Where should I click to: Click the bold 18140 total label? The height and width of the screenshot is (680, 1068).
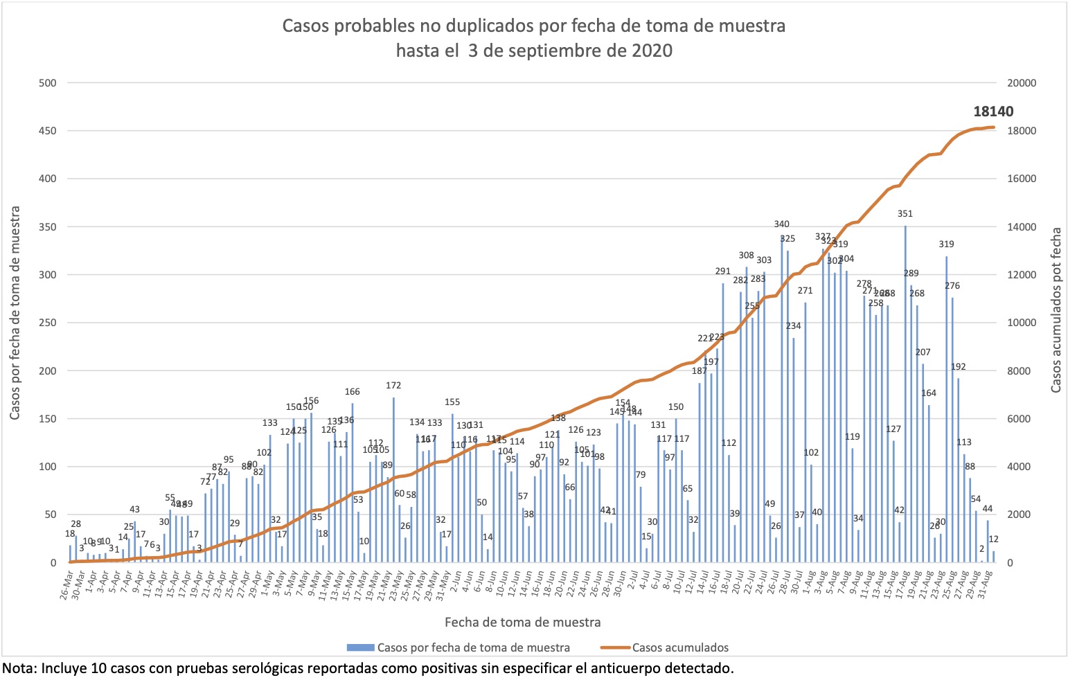pyautogui.click(x=993, y=111)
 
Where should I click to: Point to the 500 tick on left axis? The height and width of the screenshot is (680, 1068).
pyautogui.click(x=48, y=83)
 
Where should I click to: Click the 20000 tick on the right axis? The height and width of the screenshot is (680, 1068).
pyautogui.click(x=1021, y=83)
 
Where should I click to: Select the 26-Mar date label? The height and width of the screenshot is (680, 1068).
pyautogui.click(x=66, y=586)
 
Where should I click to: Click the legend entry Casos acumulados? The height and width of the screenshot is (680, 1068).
pyautogui.click(x=679, y=648)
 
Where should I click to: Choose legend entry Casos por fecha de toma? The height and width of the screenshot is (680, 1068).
pyautogui.click(x=473, y=648)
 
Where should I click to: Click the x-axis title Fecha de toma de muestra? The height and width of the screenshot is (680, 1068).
pyautogui.click(x=522, y=623)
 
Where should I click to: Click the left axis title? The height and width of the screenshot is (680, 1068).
pyautogui.click(x=15, y=312)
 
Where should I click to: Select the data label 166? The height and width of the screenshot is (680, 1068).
pyautogui.click(x=353, y=392)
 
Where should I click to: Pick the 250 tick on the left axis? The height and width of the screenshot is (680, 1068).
pyautogui.click(x=48, y=323)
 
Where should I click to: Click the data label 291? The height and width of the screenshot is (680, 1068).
pyautogui.click(x=723, y=271)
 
